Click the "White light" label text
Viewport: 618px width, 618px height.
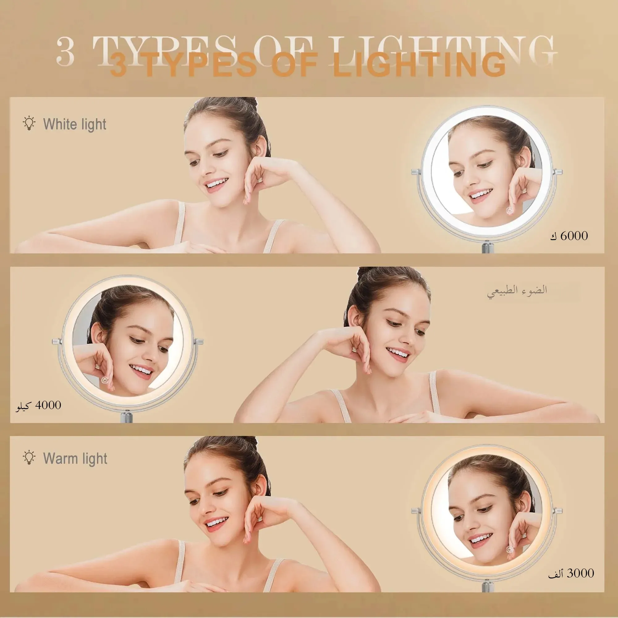point(75,124)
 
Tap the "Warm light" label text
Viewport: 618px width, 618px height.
point(75,458)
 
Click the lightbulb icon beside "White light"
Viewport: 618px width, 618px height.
point(29,123)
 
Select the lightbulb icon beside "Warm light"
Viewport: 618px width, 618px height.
point(29,457)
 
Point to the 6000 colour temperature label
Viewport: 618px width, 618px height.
point(569,236)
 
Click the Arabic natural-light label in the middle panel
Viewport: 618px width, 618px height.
point(517,291)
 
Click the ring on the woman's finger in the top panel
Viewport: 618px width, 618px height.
point(261,180)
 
